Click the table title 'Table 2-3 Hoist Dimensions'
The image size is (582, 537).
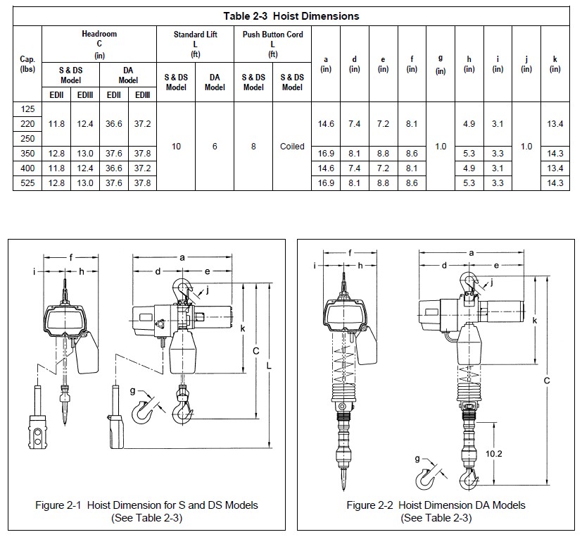point(291,16)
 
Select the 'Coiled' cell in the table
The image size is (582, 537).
point(292,147)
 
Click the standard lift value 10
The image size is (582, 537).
point(176,147)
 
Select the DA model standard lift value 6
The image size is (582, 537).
point(215,147)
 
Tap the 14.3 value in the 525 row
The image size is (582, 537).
point(555,183)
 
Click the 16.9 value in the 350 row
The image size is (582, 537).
point(326,154)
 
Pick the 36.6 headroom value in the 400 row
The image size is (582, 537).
point(114,168)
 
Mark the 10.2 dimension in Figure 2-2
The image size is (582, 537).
point(495,455)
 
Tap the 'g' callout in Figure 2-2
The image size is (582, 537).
point(417,459)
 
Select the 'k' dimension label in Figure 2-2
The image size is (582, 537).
point(535,321)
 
